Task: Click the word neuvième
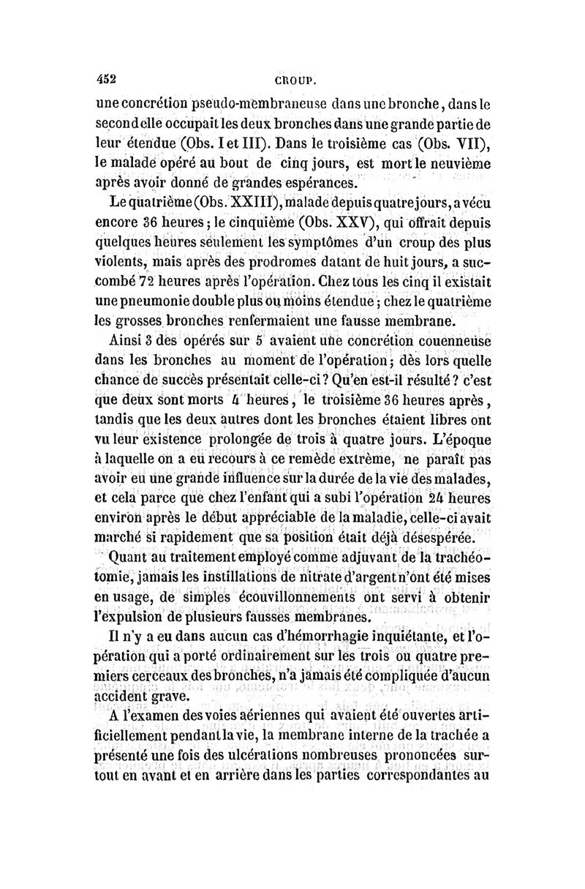coord(451,162)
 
